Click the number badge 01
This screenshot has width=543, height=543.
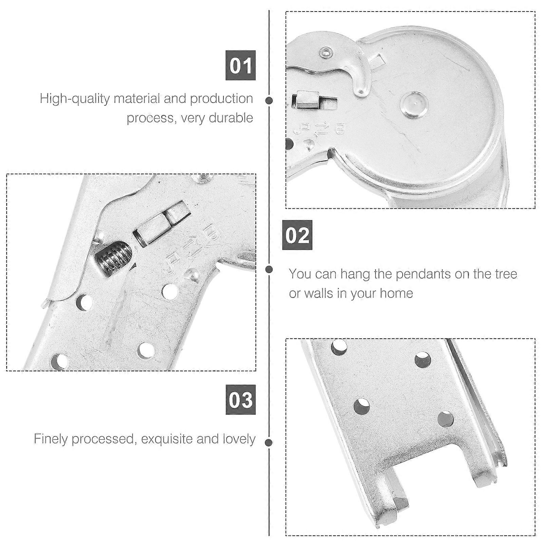tap(240, 65)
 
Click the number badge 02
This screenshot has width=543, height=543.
tap(297, 235)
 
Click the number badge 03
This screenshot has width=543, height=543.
tap(240, 399)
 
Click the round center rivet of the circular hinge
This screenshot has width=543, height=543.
tap(413, 105)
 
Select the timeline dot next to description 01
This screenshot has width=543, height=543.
tap(269, 100)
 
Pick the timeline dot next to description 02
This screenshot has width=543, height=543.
tap(269, 269)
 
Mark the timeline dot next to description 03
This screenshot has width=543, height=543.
tap(269, 443)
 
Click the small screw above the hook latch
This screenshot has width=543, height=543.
tap(326, 52)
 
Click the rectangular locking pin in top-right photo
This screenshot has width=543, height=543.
tap(306, 100)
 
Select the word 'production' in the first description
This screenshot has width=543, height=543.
tap(221, 99)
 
